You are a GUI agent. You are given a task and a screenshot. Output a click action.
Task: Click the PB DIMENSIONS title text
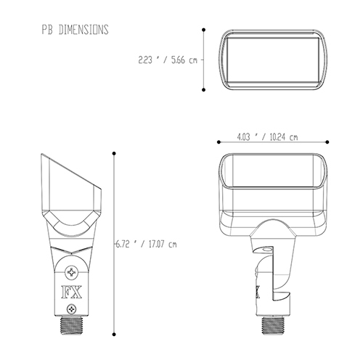coord(75,30)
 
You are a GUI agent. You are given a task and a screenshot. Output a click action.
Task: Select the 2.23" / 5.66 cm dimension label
coord(168,60)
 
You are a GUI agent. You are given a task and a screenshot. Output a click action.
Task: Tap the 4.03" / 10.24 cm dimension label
coord(267,137)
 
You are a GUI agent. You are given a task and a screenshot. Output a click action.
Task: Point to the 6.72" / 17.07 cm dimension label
coord(147,244)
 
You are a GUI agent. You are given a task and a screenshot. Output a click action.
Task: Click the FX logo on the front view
coord(72,292)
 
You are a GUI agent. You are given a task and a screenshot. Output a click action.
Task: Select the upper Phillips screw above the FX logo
coord(72,272)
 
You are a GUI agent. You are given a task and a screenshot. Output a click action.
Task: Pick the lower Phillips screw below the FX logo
coord(71,309)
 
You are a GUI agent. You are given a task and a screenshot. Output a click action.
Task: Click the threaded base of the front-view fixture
coord(72,326)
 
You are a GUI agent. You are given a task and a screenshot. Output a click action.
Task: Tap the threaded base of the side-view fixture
coord(272,326)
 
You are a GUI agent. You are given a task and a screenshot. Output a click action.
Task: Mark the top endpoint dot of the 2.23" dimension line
coord(204,30)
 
